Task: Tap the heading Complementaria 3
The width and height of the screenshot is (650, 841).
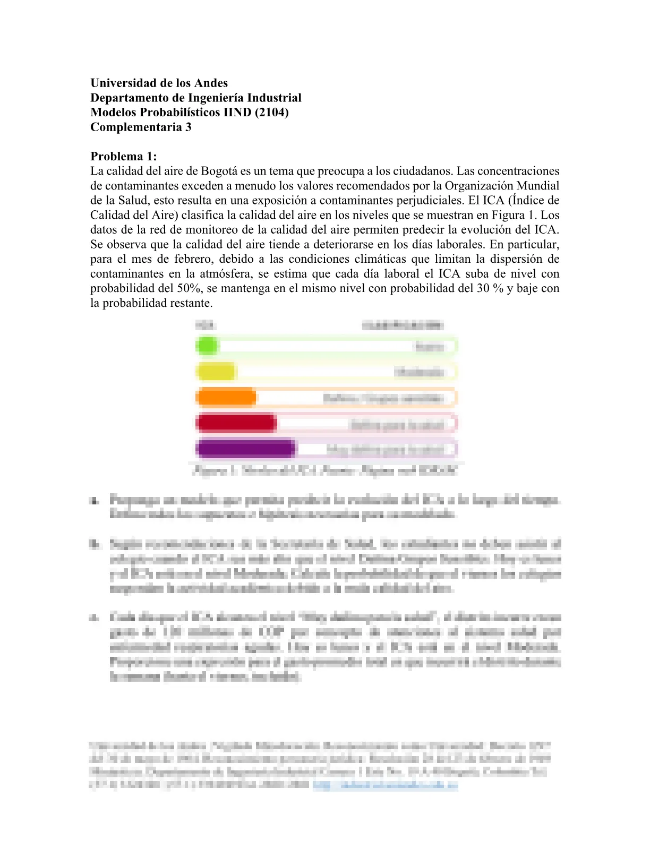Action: click(x=141, y=127)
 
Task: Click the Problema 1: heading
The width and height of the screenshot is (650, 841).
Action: click(x=124, y=156)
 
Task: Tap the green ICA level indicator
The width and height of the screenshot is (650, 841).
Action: click(x=207, y=346)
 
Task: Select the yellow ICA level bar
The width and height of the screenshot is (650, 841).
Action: click(x=216, y=372)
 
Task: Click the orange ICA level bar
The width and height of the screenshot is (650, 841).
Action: click(x=226, y=397)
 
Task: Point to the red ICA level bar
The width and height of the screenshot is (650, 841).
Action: click(x=236, y=423)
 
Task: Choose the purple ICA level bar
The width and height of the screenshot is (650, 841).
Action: click(x=245, y=449)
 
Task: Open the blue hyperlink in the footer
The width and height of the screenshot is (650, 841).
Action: click(x=385, y=786)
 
